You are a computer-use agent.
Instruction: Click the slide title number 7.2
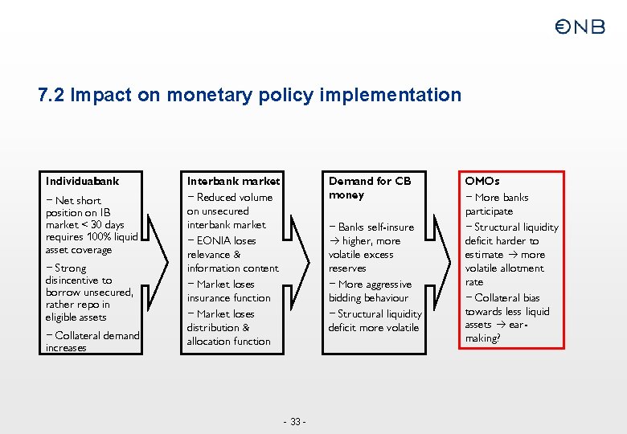tap(51, 96)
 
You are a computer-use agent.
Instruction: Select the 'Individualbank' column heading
tap(83, 181)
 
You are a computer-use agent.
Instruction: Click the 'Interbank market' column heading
tap(233, 181)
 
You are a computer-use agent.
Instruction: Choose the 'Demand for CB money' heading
tap(369, 188)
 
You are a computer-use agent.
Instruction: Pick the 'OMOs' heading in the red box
tap(482, 181)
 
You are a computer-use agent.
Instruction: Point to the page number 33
tap(295, 422)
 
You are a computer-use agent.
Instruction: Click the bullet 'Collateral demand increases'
tap(92, 342)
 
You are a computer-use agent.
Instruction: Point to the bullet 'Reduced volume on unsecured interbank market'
tap(229, 211)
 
